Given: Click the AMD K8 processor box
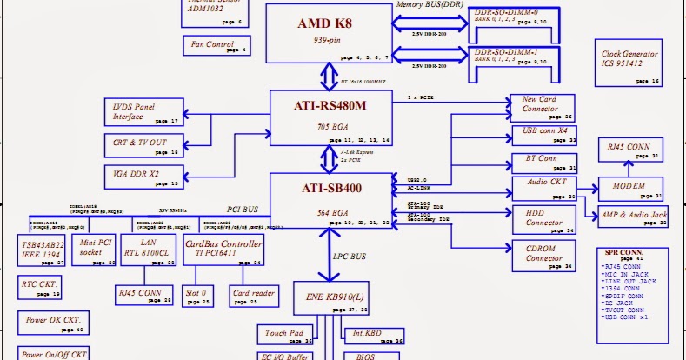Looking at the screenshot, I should click(x=328, y=33).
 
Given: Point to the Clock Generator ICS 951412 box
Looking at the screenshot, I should click(x=629, y=61).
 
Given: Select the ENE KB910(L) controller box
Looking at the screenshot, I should click(x=343, y=296).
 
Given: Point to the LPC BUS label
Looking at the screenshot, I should click(x=350, y=258).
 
